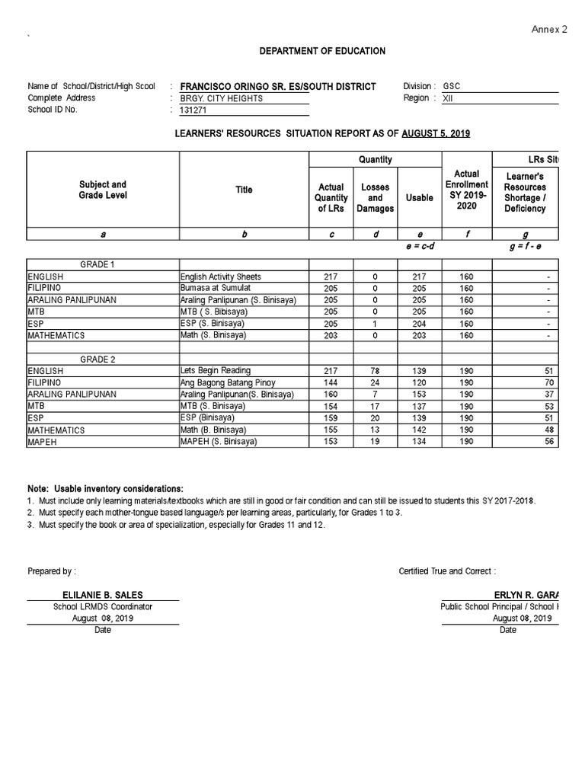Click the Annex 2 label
(548, 29)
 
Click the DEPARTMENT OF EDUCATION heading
(323, 51)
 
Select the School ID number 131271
(193, 110)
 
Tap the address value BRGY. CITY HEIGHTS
(221, 98)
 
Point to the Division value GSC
(452, 86)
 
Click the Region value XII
(448, 98)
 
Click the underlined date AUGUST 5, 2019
(436, 133)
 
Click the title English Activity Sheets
(220, 277)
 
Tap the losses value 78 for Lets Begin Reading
(375, 371)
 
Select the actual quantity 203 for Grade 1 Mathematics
(330, 335)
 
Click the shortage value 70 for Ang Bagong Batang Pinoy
(550, 382)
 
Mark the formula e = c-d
(420, 248)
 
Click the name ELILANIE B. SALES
(103, 594)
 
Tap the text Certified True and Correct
(447, 571)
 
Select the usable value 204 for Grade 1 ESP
(420, 324)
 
